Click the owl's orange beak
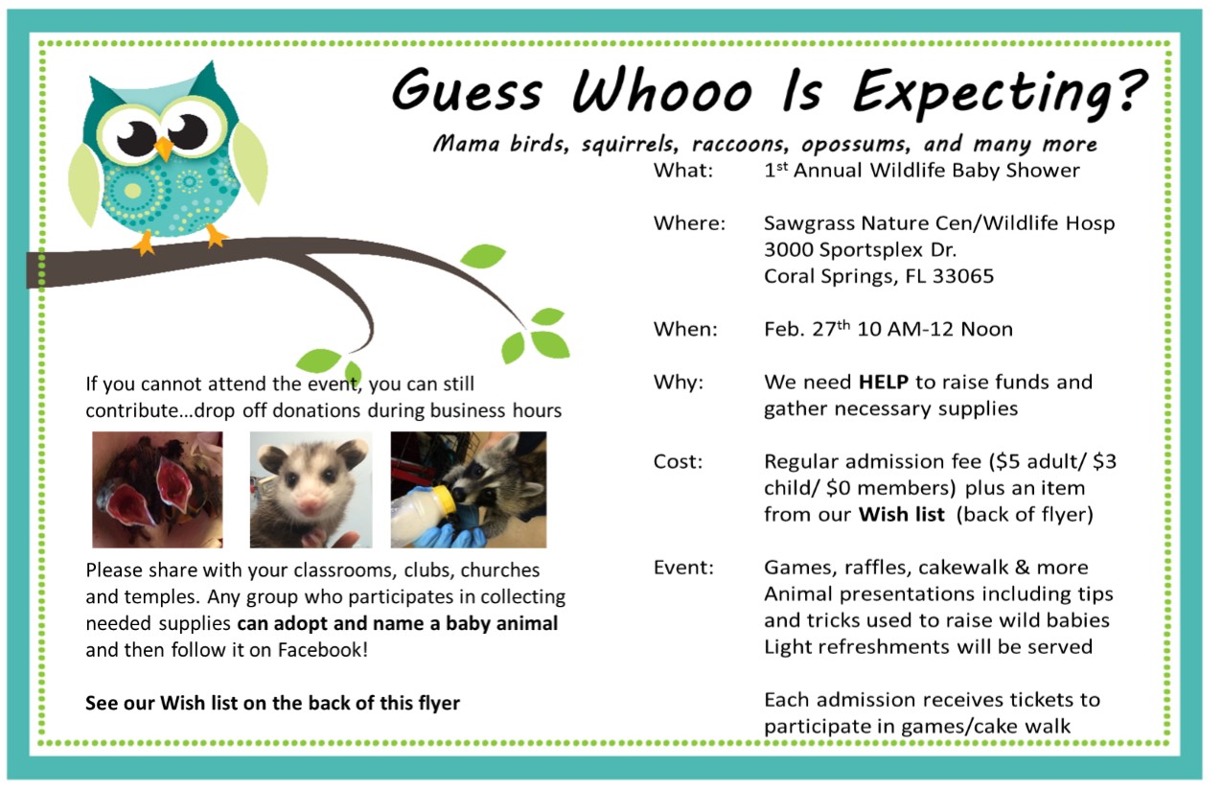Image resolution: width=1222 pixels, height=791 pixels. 163,148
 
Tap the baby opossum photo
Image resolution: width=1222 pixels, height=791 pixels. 311,490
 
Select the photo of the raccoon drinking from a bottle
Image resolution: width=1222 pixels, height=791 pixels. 469,490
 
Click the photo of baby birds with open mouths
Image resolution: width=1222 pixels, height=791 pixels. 157,490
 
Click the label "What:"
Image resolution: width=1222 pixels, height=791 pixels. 683,171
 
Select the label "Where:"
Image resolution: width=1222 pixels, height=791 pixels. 689,223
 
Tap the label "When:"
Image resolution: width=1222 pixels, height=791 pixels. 685,329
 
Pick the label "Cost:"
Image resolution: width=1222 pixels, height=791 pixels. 679,462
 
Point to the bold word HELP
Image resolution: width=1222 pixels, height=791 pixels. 884,383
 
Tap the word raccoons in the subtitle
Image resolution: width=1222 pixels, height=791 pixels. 740,144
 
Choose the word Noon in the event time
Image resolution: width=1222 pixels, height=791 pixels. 986,329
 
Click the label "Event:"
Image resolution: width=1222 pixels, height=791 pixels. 683,568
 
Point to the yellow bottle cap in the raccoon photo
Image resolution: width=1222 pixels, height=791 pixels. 447,499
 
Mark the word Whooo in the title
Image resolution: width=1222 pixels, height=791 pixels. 662,91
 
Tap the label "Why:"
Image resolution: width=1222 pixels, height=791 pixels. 679,383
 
